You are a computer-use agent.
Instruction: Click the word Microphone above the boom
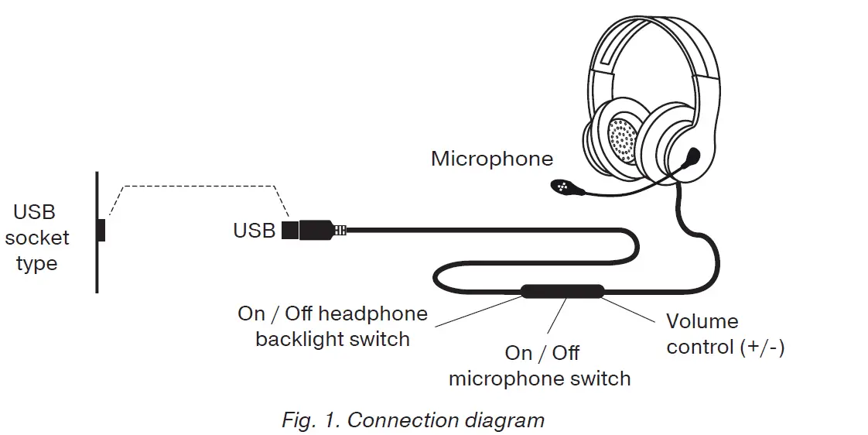(492, 159)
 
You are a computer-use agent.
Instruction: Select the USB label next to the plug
(254, 231)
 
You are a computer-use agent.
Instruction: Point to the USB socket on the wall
(101, 231)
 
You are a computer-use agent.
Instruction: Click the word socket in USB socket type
(36, 238)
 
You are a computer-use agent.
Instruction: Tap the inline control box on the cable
(562, 292)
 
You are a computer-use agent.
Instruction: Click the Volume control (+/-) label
(725, 334)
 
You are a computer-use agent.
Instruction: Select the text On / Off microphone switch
(540, 366)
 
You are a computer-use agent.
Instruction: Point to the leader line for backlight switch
(473, 310)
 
